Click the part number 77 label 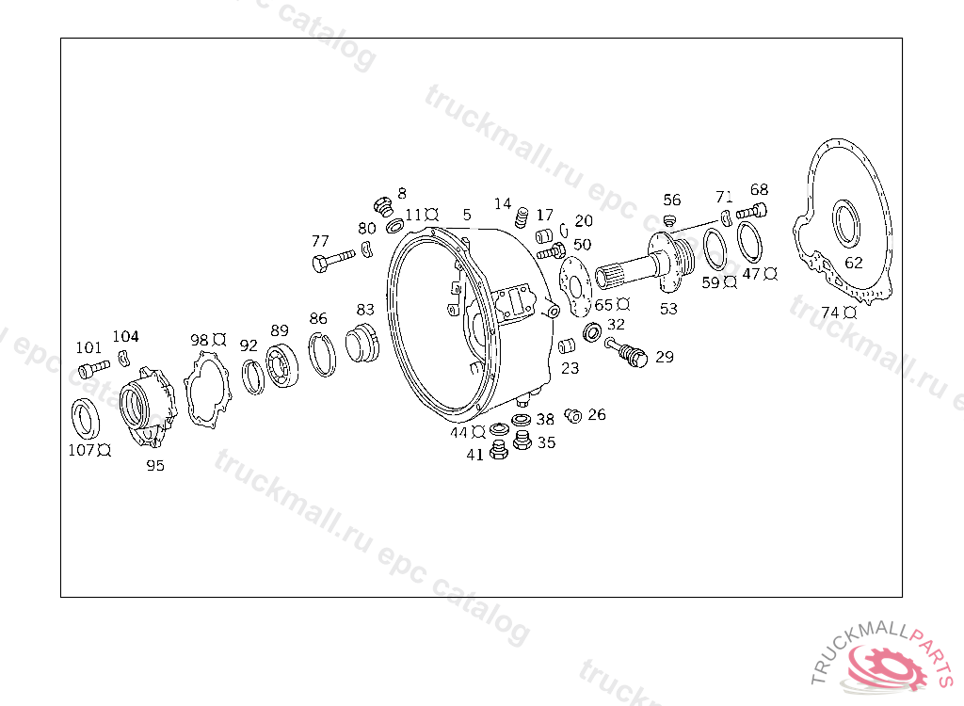(x=320, y=240)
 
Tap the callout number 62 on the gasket (x=853, y=263)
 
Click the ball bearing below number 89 (x=281, y=366)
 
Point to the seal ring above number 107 (x=86, y=420)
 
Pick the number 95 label (x=155, y=466)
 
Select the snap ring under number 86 (x=322, y=354)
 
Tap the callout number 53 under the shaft (x=668, y=309)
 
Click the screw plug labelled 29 (x=626, y=352)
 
